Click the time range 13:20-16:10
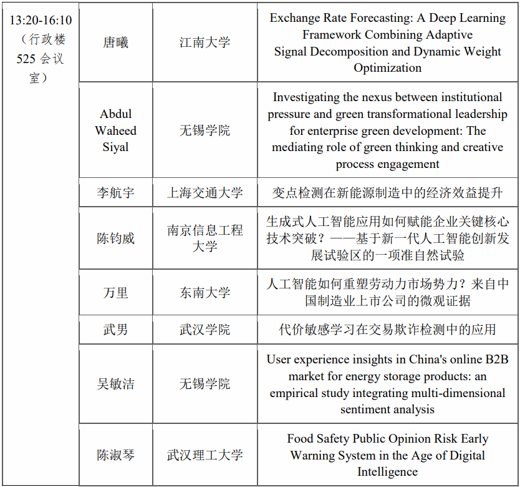[41, 20]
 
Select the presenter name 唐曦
[115, 43]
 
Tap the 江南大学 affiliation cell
[205, 43]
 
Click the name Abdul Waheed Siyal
[115, 130]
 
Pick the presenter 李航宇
[115, 193]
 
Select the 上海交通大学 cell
[205, 193]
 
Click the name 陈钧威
[115, 239]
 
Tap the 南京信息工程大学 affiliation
[205, 239]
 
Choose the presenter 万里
[115, 293]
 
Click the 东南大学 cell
[205, 293]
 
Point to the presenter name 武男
[115, 330]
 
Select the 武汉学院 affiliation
[205, 330]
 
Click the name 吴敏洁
[115, 384]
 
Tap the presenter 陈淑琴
[115, 455]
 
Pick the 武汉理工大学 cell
[205, 455]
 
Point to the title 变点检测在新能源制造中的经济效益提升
[387, 193]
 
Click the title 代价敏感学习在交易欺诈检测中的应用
[387, 330]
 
